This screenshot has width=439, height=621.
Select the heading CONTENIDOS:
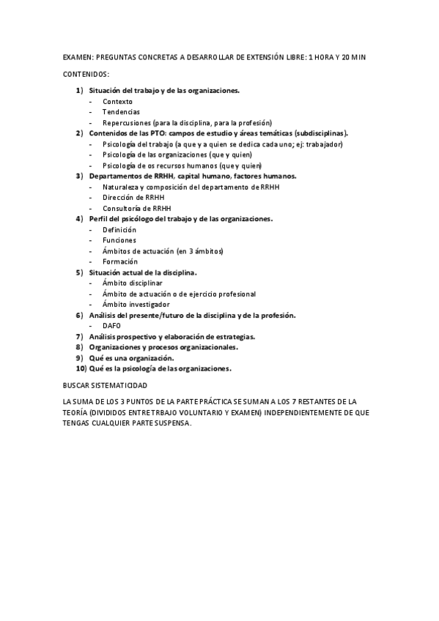(x=86, y=74)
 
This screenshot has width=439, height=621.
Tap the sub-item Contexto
(x=118, y=101)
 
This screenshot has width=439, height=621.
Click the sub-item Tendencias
(x=121, y=111)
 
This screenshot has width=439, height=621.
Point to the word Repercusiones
(x=128, y=122)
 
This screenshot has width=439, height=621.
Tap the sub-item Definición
(x=119, y=229)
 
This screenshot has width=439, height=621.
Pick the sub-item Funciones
(x=119, y=240)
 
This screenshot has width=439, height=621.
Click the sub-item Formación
(x=119, y=261)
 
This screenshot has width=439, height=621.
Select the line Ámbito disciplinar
(x=133, y=283)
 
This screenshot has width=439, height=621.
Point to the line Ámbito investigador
(x=136, y=304)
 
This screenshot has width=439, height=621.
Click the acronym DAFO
(x=111, y=325)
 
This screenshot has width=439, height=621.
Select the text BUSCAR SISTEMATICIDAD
(x=105, y=384)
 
